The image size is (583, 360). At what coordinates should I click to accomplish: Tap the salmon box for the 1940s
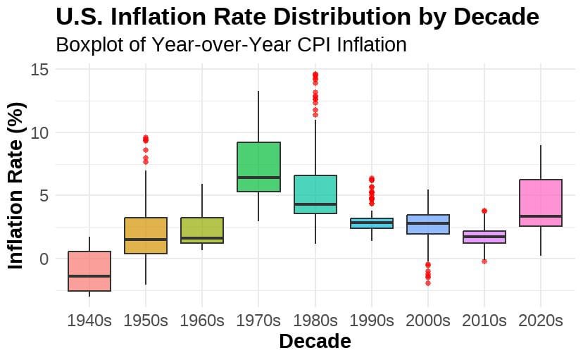89,271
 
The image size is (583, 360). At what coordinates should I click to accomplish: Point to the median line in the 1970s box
258,178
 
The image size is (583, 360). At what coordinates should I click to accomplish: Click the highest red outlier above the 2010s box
484,211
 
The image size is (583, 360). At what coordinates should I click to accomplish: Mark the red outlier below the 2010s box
484,261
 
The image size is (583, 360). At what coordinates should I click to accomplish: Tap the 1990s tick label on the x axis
371,321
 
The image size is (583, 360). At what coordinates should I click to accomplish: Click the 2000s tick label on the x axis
427,321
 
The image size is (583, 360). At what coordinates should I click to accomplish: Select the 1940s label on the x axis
89,321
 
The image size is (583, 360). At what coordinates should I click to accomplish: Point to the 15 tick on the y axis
39,70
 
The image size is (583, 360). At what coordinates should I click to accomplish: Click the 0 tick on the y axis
44,259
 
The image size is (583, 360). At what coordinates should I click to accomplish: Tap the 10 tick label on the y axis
39,132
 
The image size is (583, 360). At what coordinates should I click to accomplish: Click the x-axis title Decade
315,342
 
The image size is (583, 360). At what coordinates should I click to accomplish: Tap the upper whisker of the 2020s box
540,162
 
